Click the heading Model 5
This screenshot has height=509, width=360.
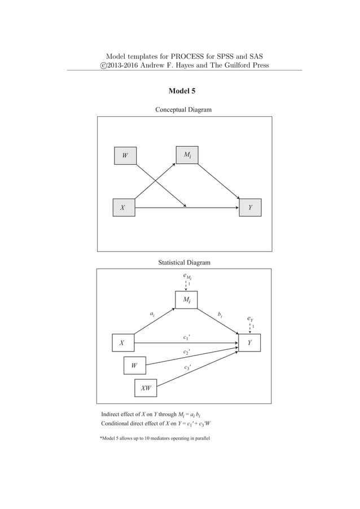tap(182, 91)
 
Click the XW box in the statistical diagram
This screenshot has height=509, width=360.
tap(145, 389)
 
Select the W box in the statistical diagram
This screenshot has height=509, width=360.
tap(134, 366)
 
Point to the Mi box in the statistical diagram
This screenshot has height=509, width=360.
tap(186, 301)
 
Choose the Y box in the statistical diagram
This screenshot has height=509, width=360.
tap(249, 343)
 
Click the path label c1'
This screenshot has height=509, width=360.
tap(187, 338)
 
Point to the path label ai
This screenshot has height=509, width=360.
tap(152, 313)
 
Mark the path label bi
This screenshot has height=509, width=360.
tap(220, 314)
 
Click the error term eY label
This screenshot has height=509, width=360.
tap(251, 319)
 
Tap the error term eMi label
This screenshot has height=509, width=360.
tap(187, 277)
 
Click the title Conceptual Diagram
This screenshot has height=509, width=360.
tap(183, 109)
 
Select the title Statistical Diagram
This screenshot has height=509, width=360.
tap(184, 262)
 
